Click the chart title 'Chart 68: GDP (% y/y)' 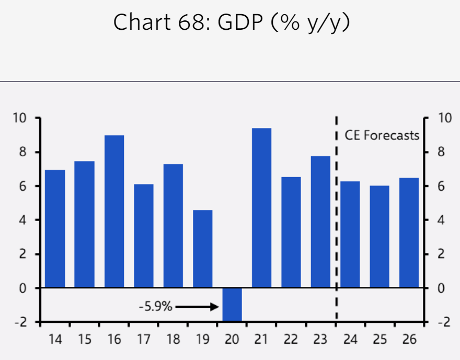231,22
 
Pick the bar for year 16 114,212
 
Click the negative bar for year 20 232,304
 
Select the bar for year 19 203,249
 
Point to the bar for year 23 320,222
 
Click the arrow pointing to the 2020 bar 197,307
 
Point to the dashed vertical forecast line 336,219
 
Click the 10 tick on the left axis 21,118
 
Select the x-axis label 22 291,339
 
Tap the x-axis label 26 409,339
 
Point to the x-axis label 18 173,339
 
